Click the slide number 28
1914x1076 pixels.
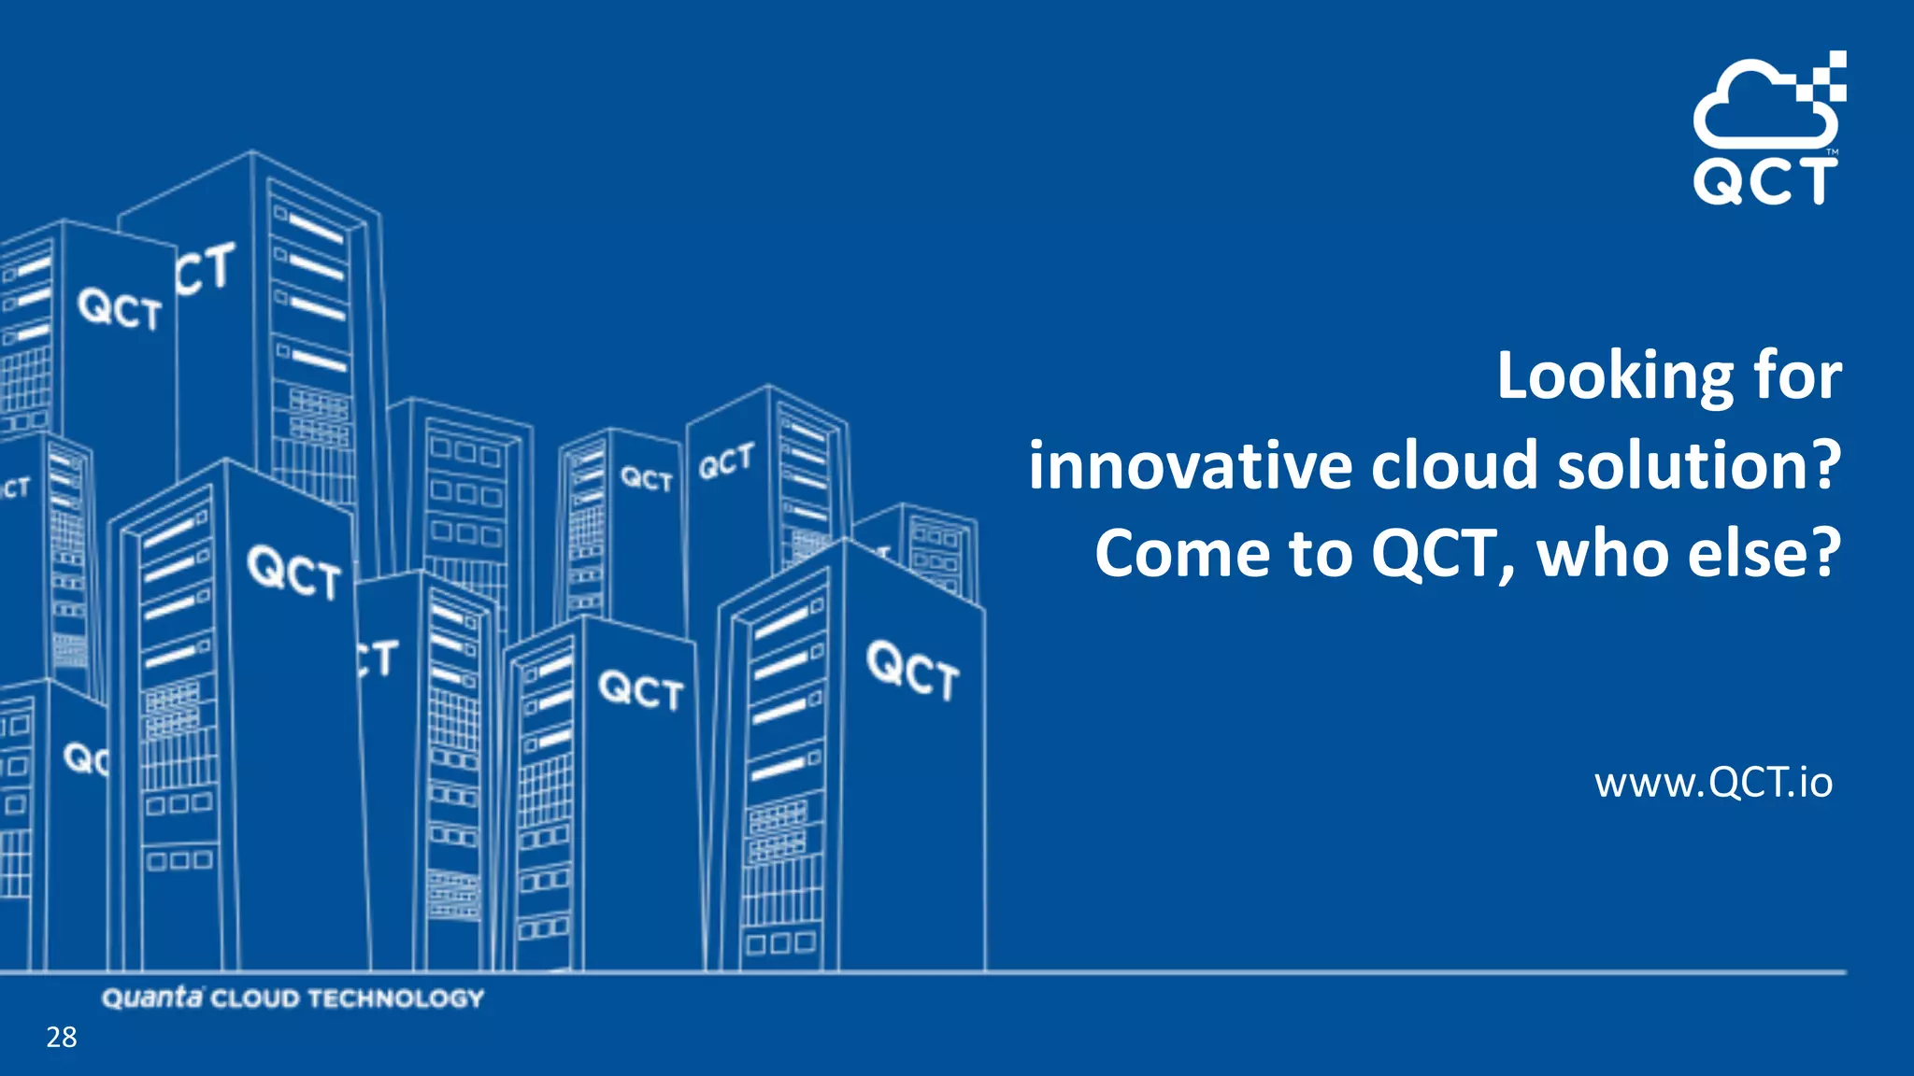click(x=62, y=1037)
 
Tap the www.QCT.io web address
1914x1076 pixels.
click(x=1713, y=783)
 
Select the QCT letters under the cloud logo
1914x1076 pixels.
click(x=1764, y=181)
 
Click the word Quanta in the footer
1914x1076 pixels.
click(x=151, y=998)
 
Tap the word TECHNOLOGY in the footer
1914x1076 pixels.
click(x=396, y=998)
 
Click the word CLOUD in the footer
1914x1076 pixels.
click(x=254, y=998)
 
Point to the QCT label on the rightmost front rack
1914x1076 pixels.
click(x=912, y=670)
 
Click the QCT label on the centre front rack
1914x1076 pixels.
click(x=641, y=690)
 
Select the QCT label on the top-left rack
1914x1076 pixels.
click(x=120, y=309)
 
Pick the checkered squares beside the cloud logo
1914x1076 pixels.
click(x=1828, y=75)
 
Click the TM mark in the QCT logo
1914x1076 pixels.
click(x=1833, y=151)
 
